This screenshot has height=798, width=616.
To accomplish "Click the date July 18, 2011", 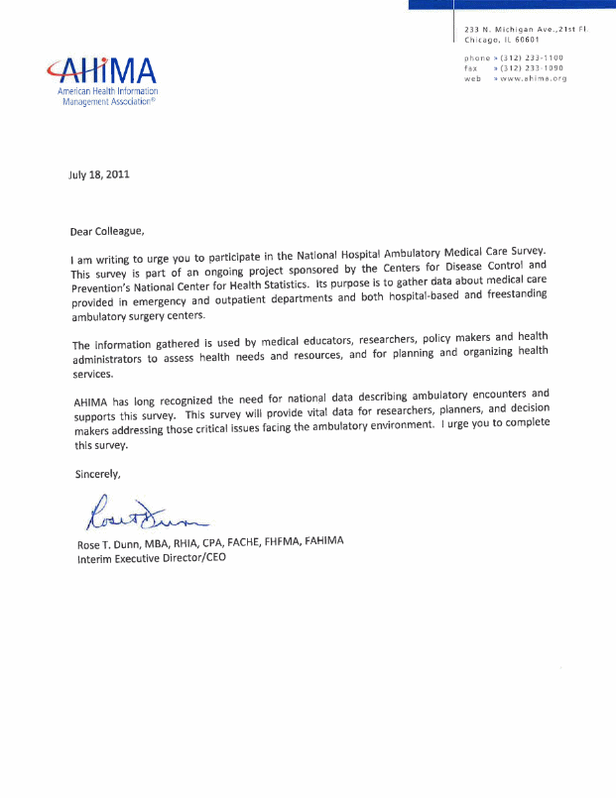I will pos(99,174).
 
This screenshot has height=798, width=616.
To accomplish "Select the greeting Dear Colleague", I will pos(106,232).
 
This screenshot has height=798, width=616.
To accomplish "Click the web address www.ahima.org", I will pos(534,78).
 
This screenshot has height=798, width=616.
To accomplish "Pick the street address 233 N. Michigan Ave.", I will pos(507,30).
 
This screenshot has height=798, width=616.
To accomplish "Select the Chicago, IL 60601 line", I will pos(502,40).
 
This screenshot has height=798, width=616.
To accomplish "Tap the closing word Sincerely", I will pos(97,474).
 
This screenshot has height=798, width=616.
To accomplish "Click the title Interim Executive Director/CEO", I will pos(152,559).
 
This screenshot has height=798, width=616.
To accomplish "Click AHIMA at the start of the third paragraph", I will pos(91,402).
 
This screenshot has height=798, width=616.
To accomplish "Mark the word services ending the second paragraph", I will pos(93,374).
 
